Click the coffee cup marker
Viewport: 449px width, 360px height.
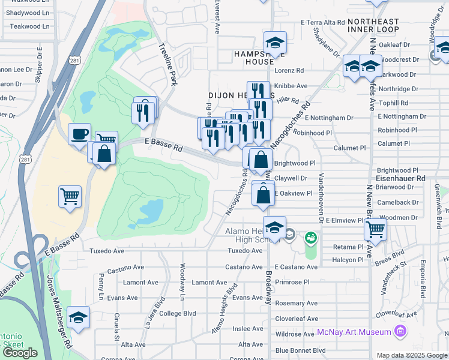point(79,134)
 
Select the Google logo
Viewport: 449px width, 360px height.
point(20,353)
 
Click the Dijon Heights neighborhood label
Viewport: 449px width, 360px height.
point(233,95)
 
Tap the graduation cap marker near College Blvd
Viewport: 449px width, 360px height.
point(78,317)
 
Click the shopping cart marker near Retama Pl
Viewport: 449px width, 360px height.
point(375,228)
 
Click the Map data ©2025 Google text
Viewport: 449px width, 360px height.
point(411,355)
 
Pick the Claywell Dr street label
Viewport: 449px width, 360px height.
point(291,178)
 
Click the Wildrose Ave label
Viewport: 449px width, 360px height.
point(295,334)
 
